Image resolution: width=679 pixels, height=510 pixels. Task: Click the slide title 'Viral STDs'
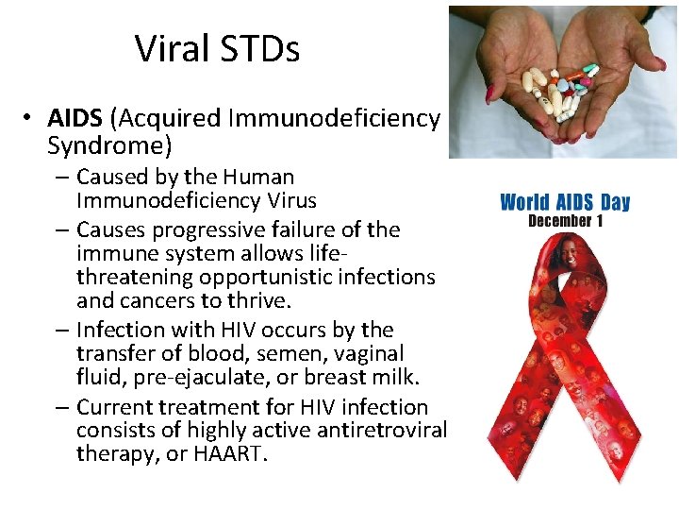217,48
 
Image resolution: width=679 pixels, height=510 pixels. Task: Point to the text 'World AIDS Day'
564,202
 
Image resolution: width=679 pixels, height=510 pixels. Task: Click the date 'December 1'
565,222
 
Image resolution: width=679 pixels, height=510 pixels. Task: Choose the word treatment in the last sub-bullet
200,407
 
